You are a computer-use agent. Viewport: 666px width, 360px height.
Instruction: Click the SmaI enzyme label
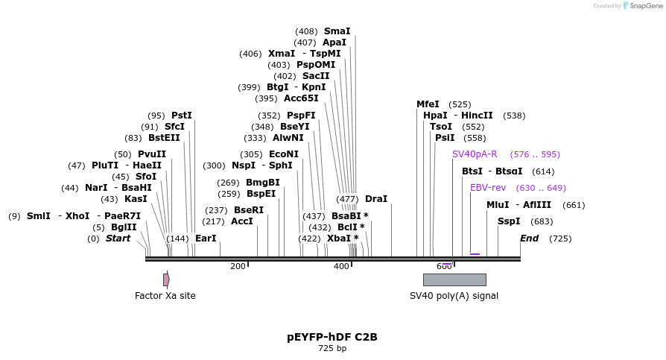pyautogui.click(x=337, y=31)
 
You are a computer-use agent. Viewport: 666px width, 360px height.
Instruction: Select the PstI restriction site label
pyautogui.click(x=181, y=116)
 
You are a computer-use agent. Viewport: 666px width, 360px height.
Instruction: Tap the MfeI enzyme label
pyautogui.click(x=428, y=104)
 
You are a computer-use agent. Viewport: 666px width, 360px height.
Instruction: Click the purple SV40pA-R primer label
pyautogui.click(x=475, y=154)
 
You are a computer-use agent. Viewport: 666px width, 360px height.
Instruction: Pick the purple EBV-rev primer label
pyautogui.click(x=488, y=188)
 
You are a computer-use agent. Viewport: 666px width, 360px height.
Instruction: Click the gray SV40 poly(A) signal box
pyautogui.click(x=454, y=280)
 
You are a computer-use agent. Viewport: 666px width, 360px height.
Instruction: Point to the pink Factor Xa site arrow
pyautogui.click(x=166, y=280)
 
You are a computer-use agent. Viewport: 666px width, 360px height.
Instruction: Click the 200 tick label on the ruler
pyautogui.click(x=238, y=266)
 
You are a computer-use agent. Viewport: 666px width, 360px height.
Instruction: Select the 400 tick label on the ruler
pyautogui.click(x=341, y=266)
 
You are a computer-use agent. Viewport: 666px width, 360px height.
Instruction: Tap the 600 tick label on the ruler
pyautogui.click(x=444, y=266)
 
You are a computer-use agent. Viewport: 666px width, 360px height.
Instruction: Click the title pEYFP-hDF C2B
pyautogui.click(x=332, y=337)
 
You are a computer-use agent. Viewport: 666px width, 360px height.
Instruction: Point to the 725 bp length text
pyautogui.click(x=332, y=348)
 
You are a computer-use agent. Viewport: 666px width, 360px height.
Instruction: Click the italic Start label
pyautogui.click(x=118, y=239)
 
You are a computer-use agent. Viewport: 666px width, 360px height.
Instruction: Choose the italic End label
pyautogui.click(x=529, y=239)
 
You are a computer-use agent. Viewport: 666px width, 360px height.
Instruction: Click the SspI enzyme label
pyautogui.click(x=509, y=221)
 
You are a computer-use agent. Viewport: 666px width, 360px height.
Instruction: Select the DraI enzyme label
pyautogui.click(x=376, y=199)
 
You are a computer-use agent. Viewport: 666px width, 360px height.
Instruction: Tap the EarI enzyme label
pyautogui.click(x=206, y=239)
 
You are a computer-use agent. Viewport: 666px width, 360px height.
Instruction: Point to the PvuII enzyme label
pyautogui.click(x=152, y=154)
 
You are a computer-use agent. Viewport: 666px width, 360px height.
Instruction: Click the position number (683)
pyautogui.click(x=542, y=221)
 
